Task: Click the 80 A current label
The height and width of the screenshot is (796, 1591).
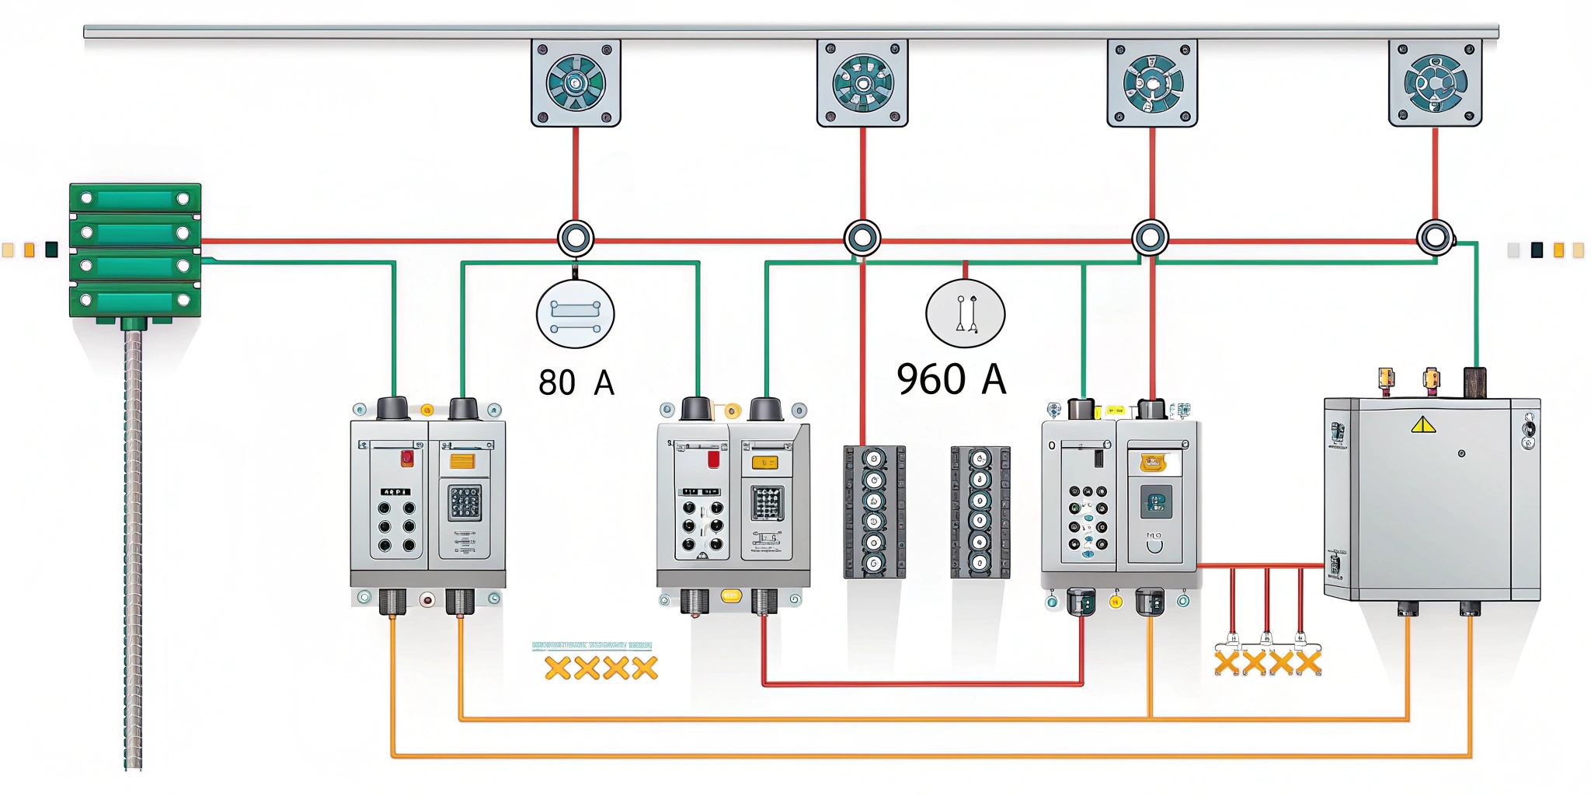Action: [x=576, y=382]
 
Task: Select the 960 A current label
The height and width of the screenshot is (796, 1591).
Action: [x=951, y=379]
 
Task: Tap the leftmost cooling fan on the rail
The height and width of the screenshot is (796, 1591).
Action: [x=576, y=83]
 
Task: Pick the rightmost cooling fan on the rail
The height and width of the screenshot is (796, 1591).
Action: [x=1435, y=83]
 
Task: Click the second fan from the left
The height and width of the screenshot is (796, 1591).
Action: [x=862, y=83]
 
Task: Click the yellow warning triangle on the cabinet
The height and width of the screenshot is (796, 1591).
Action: [x=1422, y=424]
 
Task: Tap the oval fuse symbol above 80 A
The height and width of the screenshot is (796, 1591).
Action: [x=576, y=314]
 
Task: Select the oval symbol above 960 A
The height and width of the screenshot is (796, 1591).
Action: [x=965, y=313]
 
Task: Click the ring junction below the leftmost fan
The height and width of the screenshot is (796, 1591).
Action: [x=576, y=238]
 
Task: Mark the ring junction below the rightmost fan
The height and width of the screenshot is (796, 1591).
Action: [x=1435, y=238]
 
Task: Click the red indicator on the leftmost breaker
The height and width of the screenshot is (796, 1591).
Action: [x=406, y=458]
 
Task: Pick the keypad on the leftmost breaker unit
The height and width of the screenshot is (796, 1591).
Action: [x=465, y=503]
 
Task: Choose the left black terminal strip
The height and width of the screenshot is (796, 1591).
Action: [x=875, y=511]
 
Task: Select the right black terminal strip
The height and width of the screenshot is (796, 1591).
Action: [x=980, y=511]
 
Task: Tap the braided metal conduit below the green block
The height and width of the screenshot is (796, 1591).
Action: [x=134, y=544]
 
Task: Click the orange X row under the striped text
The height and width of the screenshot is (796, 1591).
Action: [x=601, y=668]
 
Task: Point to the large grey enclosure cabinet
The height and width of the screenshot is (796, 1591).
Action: [x=1432, y=499]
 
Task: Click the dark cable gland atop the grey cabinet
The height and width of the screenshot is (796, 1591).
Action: [x=1474, y=382]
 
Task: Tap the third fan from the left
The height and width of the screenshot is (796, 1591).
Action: [x=1152, y=83]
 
